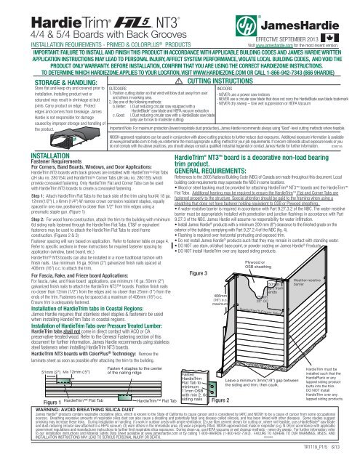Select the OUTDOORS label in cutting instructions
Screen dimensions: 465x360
click(x=88, y=90)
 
